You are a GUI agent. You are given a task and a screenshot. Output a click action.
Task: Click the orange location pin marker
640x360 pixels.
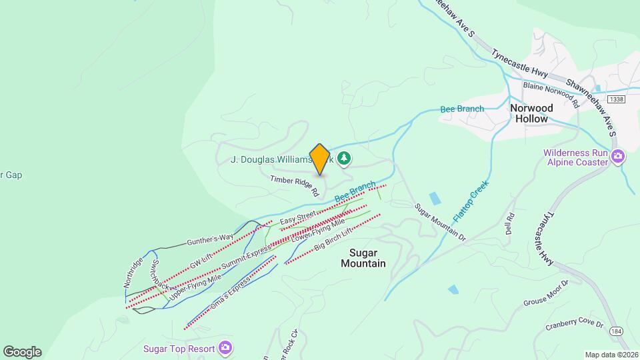[320, 159]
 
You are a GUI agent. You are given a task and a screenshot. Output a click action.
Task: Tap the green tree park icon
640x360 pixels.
[344, 159]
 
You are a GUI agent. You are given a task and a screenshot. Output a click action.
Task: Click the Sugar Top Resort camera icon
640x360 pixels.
[225, 348]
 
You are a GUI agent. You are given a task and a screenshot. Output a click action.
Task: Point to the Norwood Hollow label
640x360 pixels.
[531, 113]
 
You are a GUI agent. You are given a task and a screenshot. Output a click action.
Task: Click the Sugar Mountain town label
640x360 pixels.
[363, 258]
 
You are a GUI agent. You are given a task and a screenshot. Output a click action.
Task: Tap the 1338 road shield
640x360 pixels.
[597, 99]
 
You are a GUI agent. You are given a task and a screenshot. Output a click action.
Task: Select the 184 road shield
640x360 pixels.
[615, 331]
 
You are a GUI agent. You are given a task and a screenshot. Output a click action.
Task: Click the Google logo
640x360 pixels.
[22, 352]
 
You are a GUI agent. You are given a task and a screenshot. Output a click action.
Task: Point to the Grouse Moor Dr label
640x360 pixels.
[545, 293]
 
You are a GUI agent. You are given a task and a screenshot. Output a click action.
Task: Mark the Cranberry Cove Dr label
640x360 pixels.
[574, 325]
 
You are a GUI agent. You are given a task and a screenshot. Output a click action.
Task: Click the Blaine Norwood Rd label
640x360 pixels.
[551, 94]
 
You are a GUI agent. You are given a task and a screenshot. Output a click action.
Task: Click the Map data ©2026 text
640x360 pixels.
[610, 355]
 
